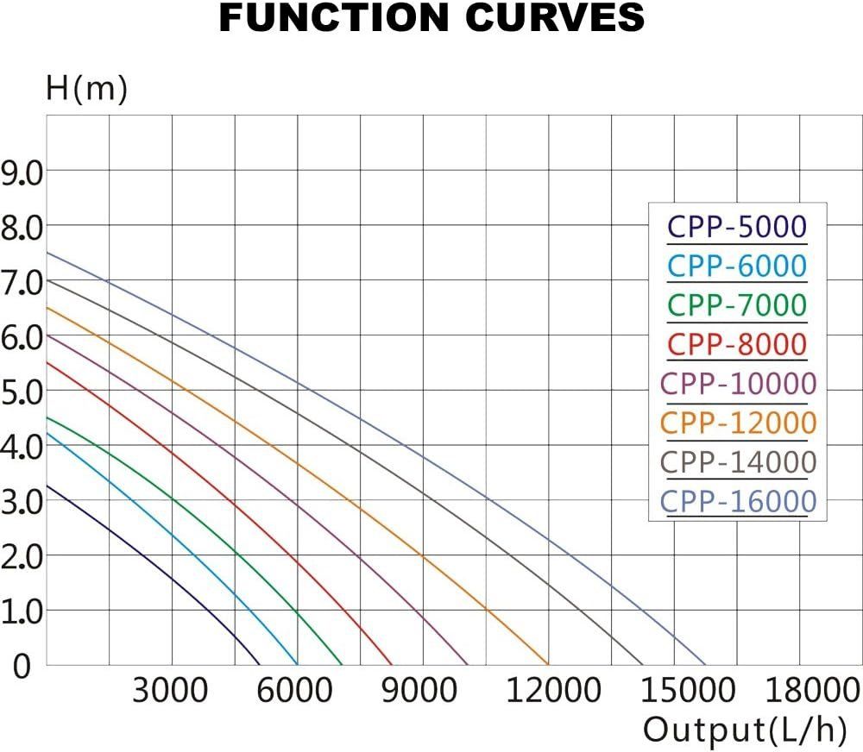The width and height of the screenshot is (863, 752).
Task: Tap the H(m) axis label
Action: click(x=86, y=89)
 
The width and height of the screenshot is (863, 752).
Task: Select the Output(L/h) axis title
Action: click(x=744, y=730)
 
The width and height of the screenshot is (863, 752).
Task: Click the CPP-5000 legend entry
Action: click(x=737, y=227)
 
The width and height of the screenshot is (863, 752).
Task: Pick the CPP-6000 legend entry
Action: click(x=737, y=266)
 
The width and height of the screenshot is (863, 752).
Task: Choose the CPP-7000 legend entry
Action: click(x=737, y=304)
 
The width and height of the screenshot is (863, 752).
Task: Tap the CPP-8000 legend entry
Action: click(x=737, y=344)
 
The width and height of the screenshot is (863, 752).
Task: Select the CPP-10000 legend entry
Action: click(x=737, y=383)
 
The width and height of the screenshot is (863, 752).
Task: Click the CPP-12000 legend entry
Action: click(x=737, y=423)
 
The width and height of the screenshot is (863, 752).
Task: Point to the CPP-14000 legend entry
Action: click(x=737, y=461)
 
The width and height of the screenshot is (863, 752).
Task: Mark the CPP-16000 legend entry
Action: click(x=737, y=501)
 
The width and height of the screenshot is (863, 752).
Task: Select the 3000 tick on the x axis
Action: click(x=170, y=691)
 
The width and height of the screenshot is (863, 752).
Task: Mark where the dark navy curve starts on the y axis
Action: click(x=46, y=486)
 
